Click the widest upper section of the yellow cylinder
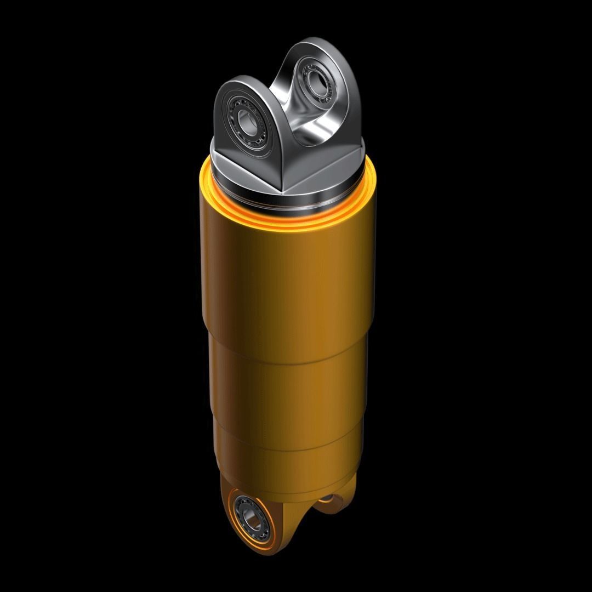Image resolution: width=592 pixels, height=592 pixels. (x=285, y=274)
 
